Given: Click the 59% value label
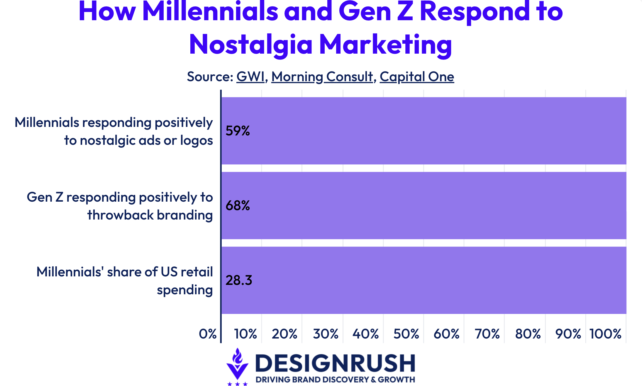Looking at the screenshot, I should point(238,131).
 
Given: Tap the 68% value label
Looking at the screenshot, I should point(238,205).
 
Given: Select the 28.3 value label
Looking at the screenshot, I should point(239,280).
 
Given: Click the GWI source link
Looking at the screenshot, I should point(250,77).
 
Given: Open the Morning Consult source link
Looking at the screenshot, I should point(322,77).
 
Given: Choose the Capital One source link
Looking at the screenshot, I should point(417,77).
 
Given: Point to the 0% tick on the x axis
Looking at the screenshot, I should point(208,334).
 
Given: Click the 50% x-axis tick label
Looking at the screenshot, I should point(406,334).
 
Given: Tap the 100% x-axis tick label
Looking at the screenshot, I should point(605,334).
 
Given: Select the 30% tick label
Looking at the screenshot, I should point(326,334).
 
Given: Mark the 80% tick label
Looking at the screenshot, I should point(528,334).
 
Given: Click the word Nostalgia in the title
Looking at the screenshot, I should point(251,45).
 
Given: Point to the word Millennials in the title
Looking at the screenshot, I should point(210,12).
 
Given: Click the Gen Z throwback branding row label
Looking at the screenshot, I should point(120,206).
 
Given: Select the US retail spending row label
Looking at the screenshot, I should point(125,280).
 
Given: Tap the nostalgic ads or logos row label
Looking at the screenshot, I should point(114,131).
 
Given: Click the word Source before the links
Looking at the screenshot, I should point(210,77).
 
